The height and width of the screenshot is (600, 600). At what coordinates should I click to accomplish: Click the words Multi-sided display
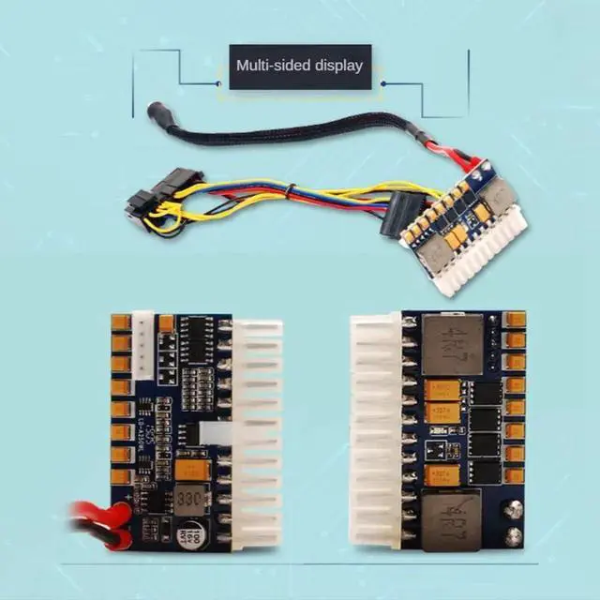[299, 66]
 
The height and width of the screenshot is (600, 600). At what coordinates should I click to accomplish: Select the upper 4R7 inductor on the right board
[452, 343]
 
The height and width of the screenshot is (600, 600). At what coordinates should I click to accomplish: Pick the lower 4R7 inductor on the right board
[452, 520]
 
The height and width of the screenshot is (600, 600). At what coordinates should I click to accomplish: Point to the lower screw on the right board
[514, 537]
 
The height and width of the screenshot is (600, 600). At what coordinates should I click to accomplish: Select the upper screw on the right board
[514, 510]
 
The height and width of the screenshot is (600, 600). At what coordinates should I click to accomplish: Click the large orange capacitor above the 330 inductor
[187, 466]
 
